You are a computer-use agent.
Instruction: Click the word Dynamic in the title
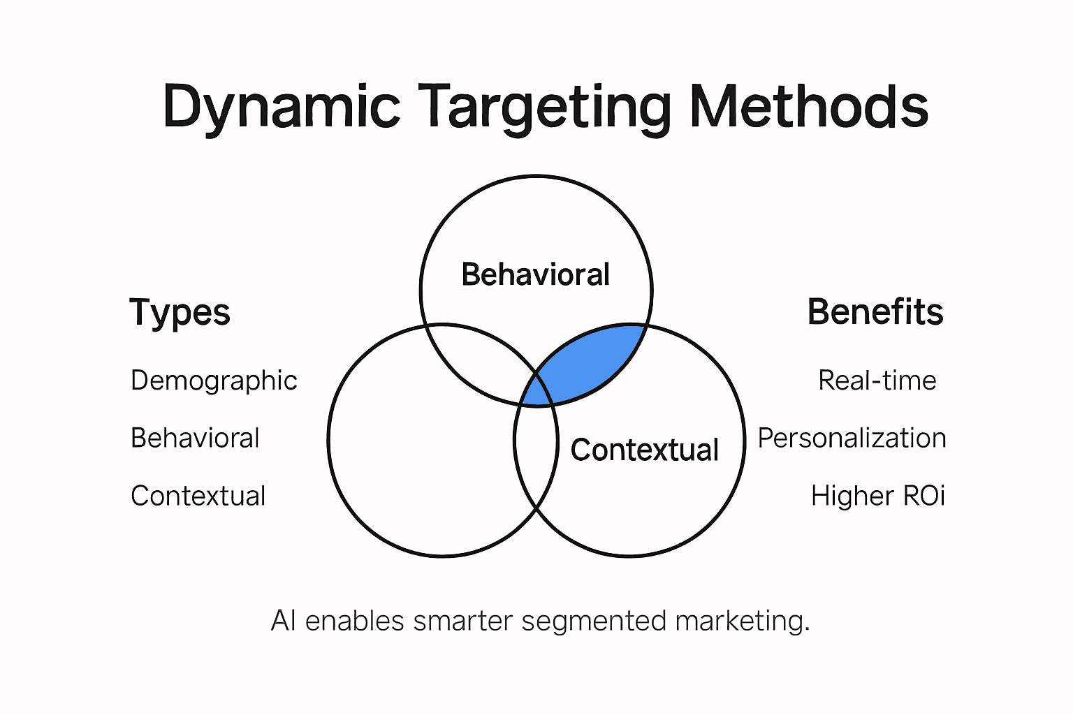tap(281, 106)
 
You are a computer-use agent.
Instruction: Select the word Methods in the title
tap(809, 106)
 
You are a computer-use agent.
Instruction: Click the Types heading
tap(180, 312)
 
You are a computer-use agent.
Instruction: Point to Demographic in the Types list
tap(214, 381)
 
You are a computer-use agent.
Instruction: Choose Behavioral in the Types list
tap(195, 438)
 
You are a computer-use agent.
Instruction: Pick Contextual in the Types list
tap(198, 496)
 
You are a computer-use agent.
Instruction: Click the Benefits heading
tap(875, 312)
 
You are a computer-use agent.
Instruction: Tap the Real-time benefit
tap(877, 381)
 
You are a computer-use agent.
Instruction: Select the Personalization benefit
tap(852, 438)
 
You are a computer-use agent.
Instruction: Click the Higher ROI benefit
tap(877, 496)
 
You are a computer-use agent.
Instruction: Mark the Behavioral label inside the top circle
tap(536, 274)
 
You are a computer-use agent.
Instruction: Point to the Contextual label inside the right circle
tap(644, 450)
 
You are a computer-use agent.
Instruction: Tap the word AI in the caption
tap(283, 621)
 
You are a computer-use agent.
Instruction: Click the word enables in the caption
tap(354, 621)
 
